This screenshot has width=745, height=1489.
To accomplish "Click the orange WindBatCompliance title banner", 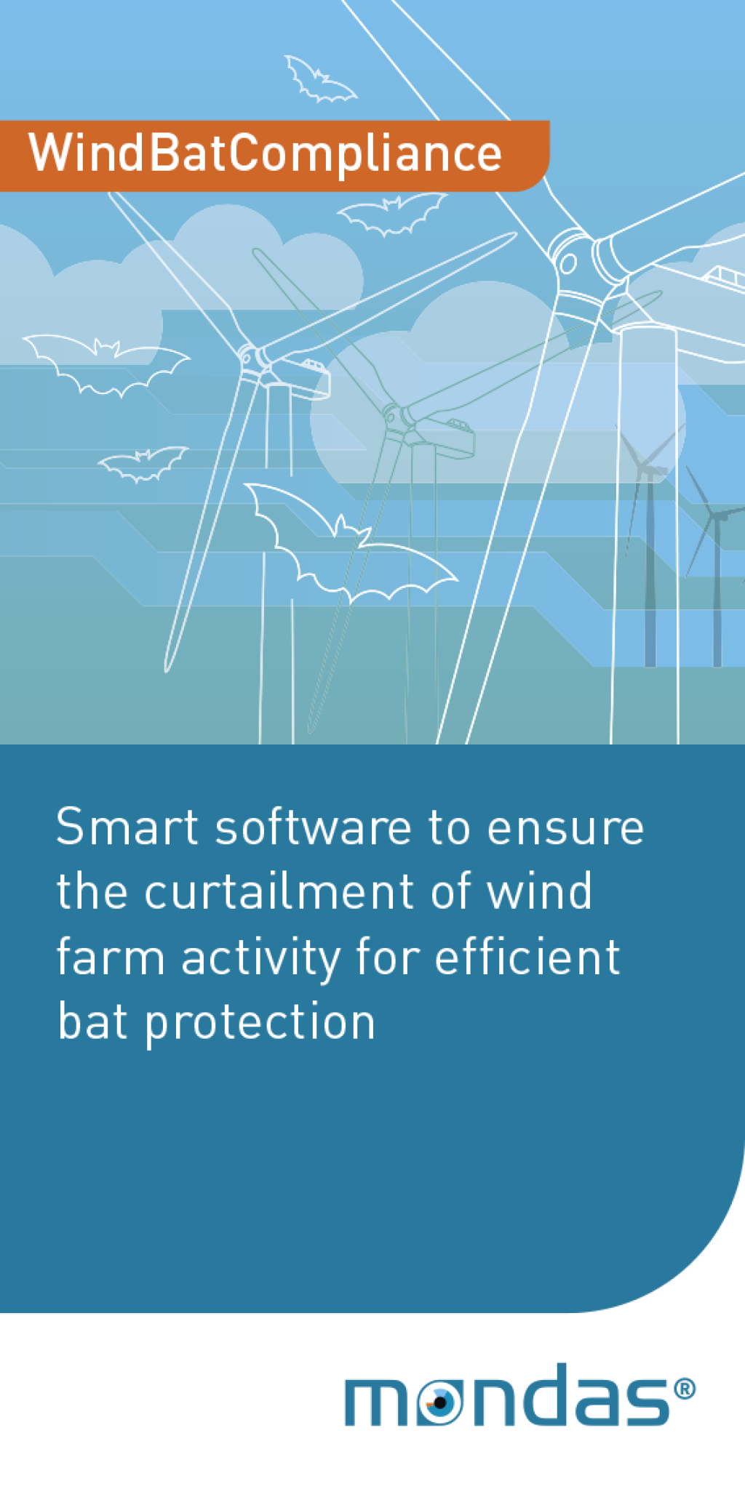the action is tap(274, 156).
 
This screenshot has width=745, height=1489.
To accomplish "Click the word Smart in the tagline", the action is tap(127, 827).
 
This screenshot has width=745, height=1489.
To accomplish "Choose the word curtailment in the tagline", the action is tap(280, 891).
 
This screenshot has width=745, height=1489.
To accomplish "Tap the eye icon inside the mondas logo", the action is tap(439, 1402).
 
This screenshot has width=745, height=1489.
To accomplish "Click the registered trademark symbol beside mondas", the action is tap(685, 1389).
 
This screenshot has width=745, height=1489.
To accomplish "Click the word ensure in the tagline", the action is tap(565, 828).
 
